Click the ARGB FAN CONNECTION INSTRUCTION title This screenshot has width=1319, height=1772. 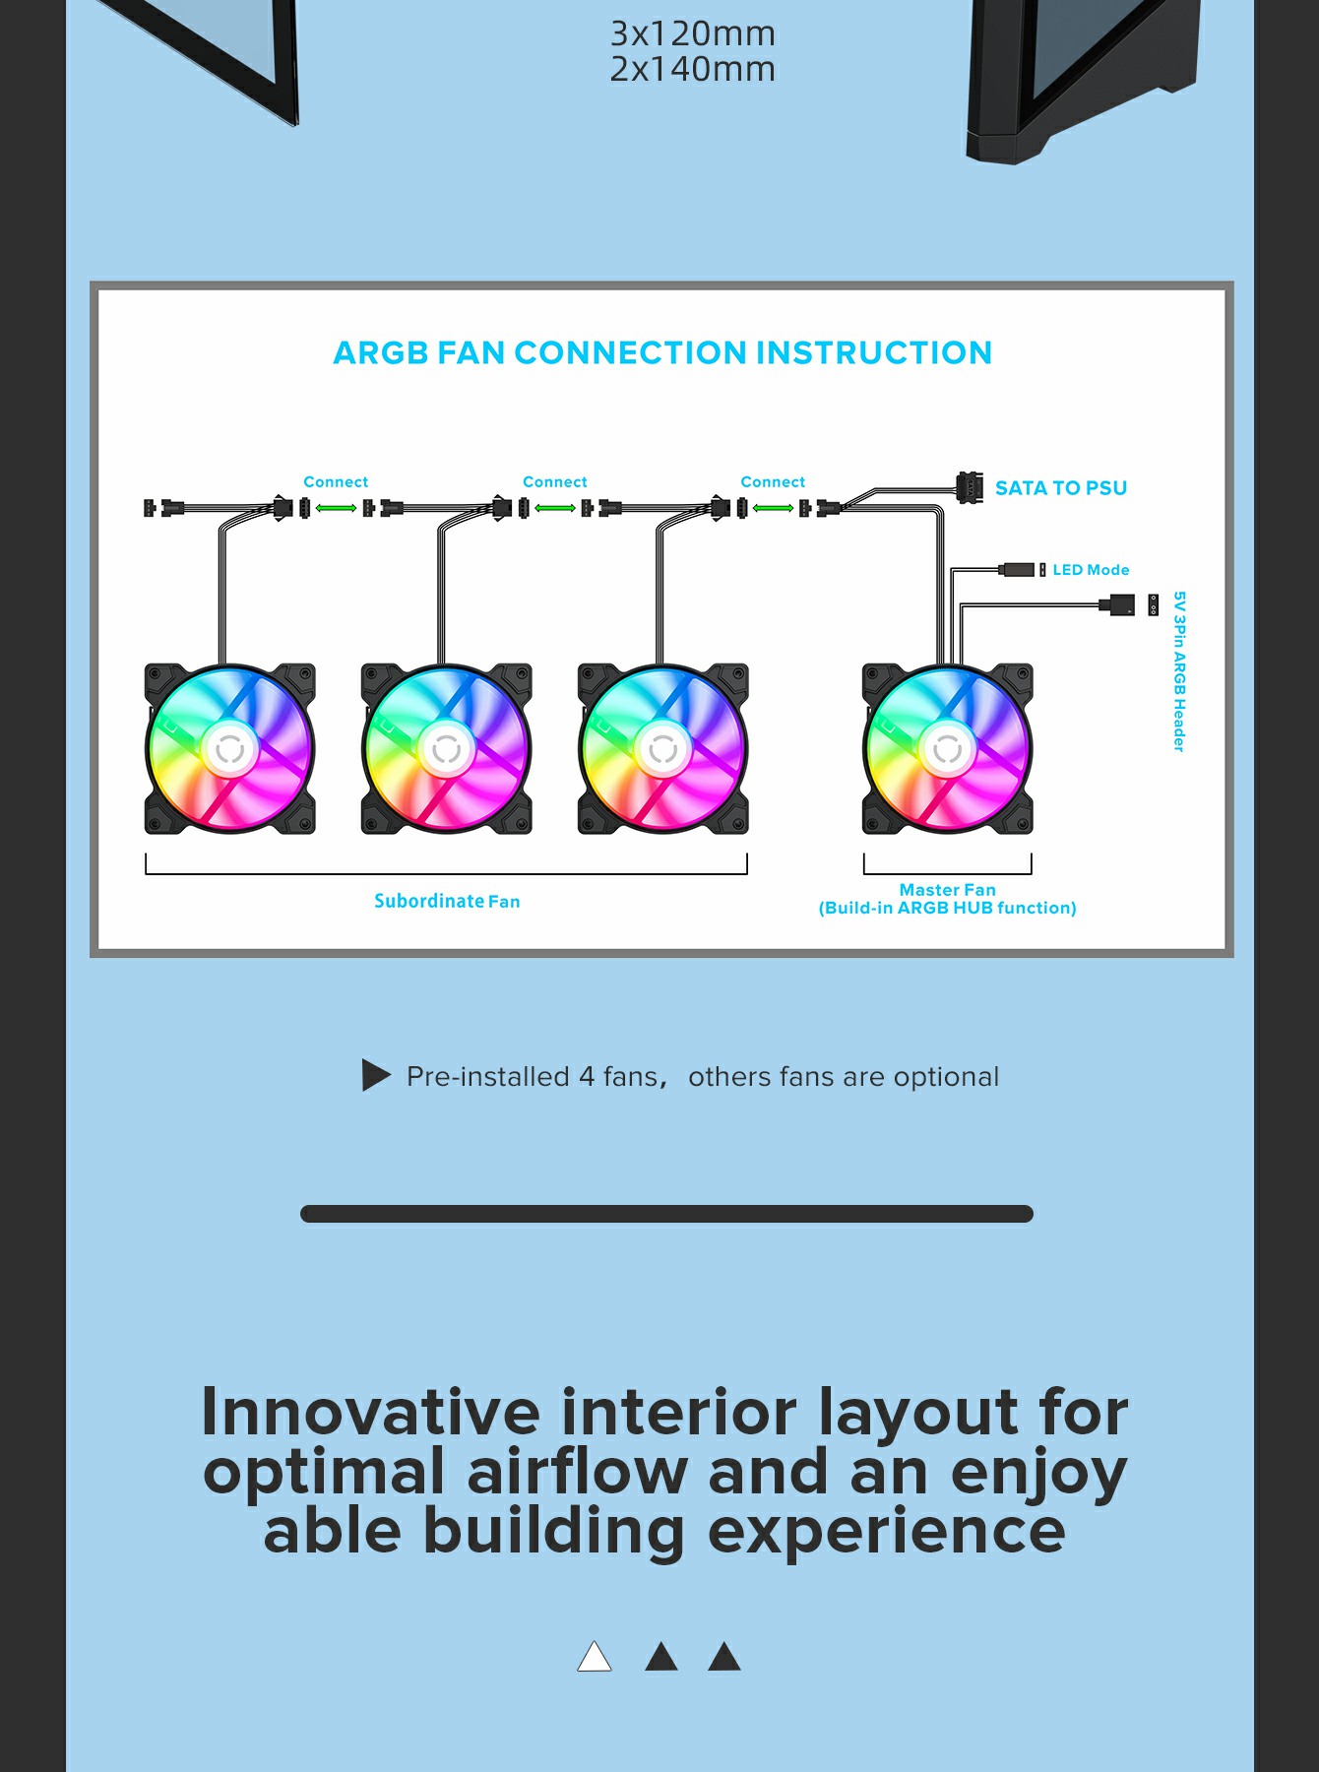[662, 352]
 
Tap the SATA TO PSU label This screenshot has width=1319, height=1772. [1061, 488]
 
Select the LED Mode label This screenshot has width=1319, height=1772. [1091, 570]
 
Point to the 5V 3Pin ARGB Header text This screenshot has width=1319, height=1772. [1179, 671]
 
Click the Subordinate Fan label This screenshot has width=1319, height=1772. [447, 901]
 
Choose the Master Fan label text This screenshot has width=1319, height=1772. [948, 890]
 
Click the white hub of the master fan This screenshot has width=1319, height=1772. [947, 749]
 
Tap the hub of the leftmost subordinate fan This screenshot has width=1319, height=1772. [230, 749]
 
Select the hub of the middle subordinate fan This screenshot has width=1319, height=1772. [447, 749]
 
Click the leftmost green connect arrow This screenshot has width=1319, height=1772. [337, 508]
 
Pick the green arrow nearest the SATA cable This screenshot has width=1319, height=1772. [774, 508]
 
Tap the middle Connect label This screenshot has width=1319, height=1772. [555, 481]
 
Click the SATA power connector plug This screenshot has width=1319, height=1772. [970, 487]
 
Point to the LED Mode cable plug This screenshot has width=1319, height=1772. [1018, 570]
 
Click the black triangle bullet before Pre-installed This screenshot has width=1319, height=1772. [376, 1075]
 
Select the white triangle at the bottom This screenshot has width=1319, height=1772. [595, 1658]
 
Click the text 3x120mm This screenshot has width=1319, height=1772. [693, 33]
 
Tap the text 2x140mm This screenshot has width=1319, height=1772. [693, 69]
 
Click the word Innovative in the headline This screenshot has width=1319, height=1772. [371, 1412]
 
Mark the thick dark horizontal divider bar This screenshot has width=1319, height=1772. [666, 1214]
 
